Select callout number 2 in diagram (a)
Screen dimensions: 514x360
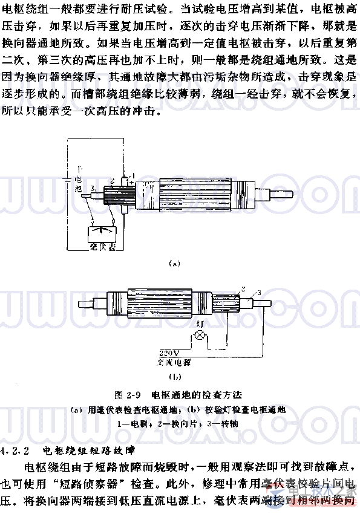[113, 180]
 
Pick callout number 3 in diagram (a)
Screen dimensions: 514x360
[91, 189]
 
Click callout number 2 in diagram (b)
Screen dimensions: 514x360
[243, 289]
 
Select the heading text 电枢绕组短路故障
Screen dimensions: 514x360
[87, 451]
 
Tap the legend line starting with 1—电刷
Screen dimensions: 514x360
[180, 424]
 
